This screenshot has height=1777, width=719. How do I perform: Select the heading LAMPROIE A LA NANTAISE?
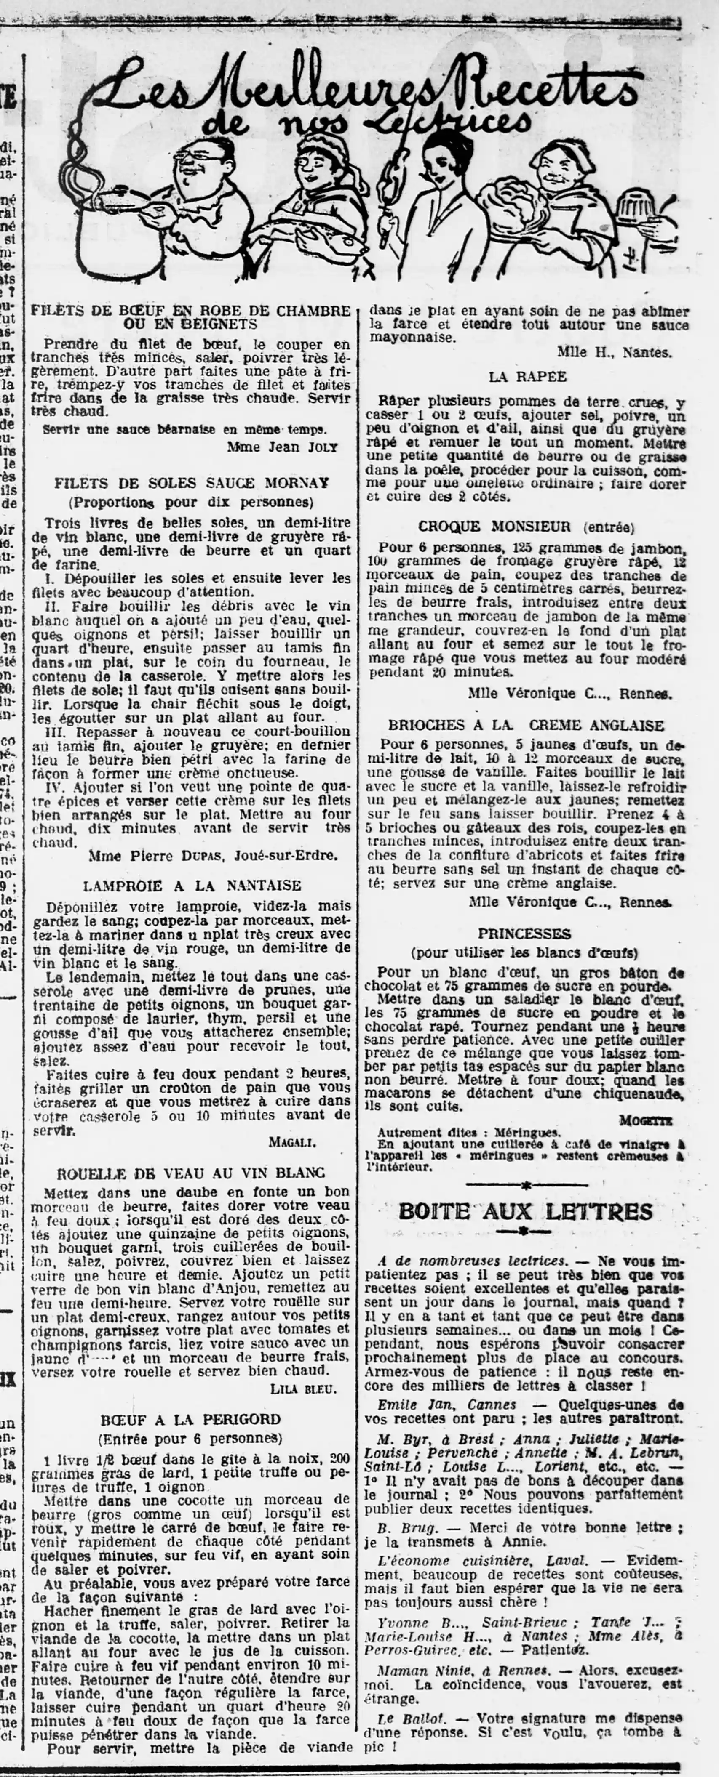point(192,885)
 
